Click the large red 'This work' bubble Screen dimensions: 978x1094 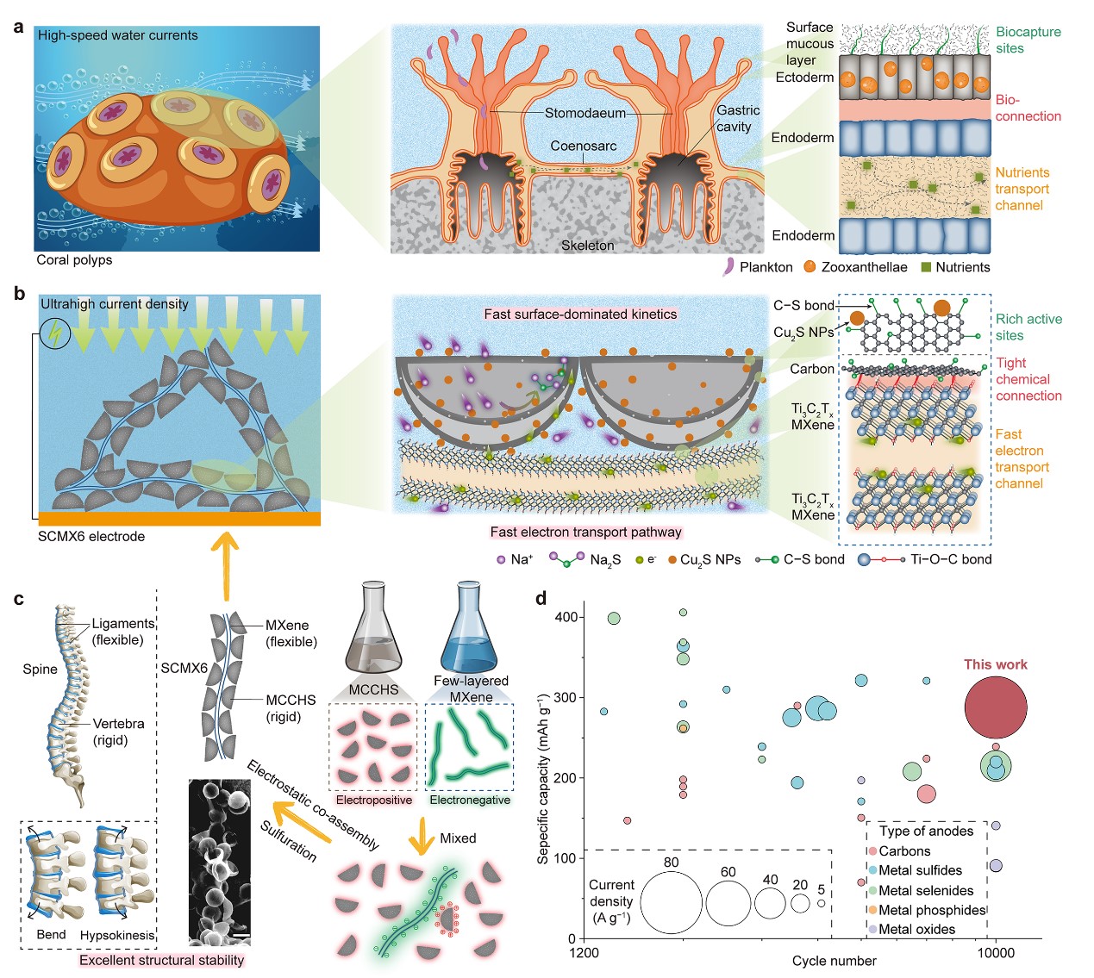pos(995,707)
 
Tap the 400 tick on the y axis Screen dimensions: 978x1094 pos(566,617)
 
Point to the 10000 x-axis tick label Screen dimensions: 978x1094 pos(995,952)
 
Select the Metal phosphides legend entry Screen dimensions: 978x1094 pos(931,910)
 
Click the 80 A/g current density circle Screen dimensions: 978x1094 pos(671,902)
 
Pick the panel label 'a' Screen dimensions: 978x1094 pos(18,26)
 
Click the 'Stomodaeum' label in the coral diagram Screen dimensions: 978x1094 pos(585,113)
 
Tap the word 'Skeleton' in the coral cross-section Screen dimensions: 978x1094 pos(587,246)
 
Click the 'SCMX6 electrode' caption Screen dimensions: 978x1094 pos(91,536)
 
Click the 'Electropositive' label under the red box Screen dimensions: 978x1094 pos(373,800)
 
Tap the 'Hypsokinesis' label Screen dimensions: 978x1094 pos(116,935)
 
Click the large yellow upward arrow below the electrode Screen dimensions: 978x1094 pos(226,564)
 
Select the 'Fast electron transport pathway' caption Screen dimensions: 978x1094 pos(585,532)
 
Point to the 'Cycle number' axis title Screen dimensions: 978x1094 pos(834,961)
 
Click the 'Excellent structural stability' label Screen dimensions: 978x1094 pos(161,960)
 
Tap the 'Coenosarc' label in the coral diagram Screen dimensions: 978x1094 pos(584,146)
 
